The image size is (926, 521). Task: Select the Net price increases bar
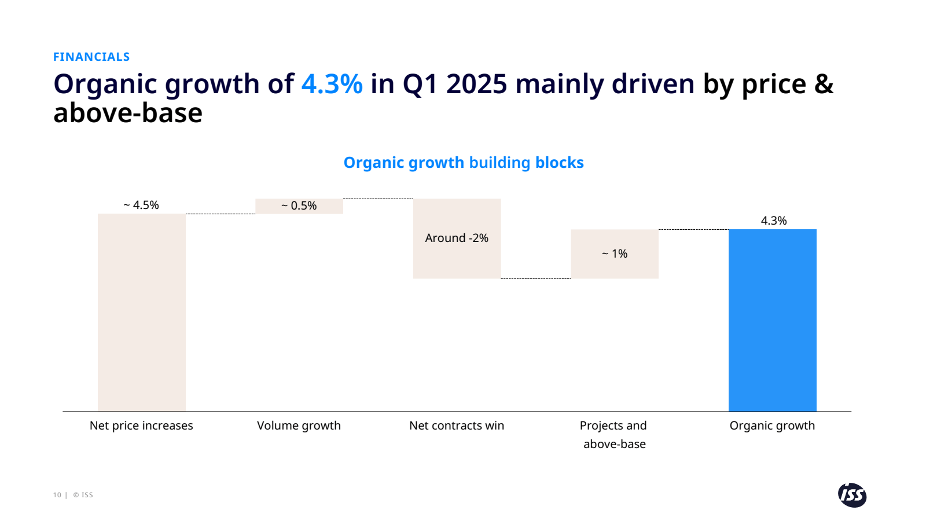pos(141,313)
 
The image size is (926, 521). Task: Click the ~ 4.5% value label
pos(141,205)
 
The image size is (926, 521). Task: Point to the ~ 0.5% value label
pos(299,206)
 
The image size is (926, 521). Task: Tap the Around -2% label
pos(457,238)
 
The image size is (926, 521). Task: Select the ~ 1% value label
pos(615,254)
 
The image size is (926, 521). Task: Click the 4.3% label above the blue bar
pos(773,221)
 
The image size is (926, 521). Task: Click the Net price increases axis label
pos(141,425)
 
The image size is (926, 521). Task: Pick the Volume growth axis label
pos(299,425)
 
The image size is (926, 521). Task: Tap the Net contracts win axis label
pos(457,425)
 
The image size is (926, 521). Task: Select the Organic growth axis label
pos(772,425)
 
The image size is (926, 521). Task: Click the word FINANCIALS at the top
pos(91,57)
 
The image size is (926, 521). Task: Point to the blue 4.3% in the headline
pos(332,84)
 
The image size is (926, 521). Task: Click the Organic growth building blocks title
pos(464,163)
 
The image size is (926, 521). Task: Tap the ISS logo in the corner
pos(852,495)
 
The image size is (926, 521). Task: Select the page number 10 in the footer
pos(57,495)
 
